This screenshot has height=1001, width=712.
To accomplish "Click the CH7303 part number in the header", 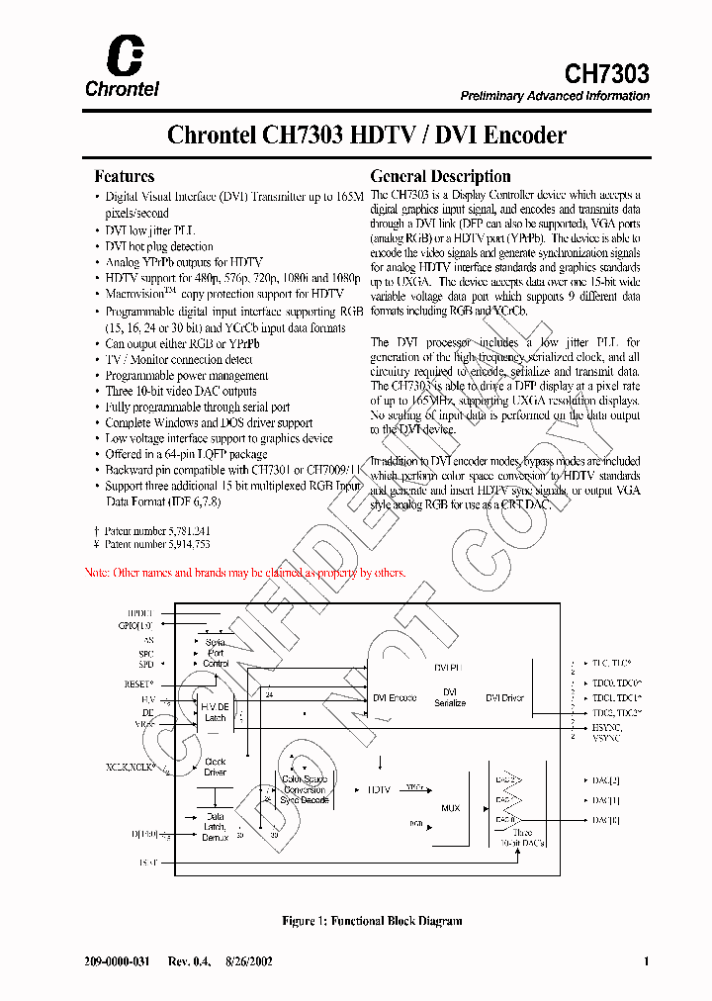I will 606,73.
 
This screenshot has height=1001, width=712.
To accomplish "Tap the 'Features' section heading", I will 124,176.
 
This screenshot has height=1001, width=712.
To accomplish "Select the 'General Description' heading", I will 440,176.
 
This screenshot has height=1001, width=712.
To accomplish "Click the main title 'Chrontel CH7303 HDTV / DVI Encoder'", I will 367,135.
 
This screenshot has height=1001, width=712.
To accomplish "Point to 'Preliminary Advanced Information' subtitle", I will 555,96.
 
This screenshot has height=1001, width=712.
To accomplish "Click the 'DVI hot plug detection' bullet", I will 159,246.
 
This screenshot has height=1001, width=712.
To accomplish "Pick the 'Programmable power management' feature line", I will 187,376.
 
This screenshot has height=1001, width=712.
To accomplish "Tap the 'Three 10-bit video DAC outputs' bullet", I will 181,392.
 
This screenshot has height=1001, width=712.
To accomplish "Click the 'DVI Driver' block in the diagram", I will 504,697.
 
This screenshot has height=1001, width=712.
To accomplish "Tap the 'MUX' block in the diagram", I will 451,808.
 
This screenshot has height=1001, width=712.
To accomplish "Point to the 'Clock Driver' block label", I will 215,767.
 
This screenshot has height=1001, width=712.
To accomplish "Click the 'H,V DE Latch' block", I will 215,712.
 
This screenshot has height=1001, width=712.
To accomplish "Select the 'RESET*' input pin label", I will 139,683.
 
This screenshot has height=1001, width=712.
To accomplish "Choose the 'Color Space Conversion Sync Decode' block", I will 304,789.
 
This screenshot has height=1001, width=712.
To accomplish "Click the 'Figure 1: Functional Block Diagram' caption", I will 372,921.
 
